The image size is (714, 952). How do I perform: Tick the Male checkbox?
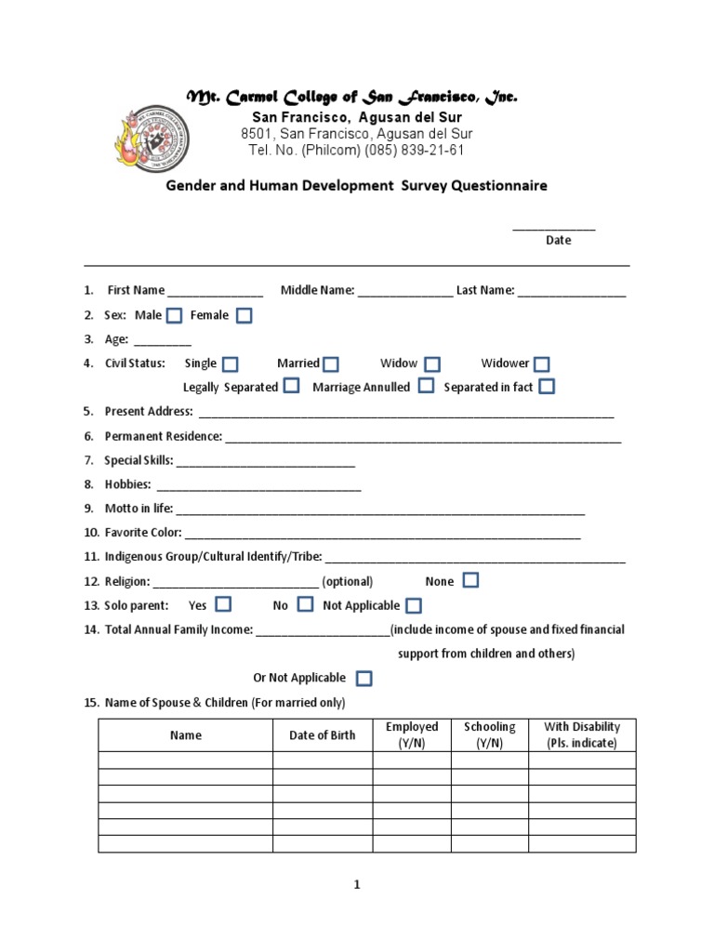coord(174,316)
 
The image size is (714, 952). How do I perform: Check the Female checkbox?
coord(244,316)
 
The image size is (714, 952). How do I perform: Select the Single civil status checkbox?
coord(230,364)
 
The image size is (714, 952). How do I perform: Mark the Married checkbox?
coord(331,364)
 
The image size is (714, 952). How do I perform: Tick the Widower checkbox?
coord(541,364)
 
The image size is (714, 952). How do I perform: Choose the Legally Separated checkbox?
coord(291,386)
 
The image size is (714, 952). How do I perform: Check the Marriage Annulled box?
coord(426,386)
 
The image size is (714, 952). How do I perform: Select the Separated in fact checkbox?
coord(547,386)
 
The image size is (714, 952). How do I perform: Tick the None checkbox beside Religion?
coord(470,581)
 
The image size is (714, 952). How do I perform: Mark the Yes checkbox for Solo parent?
coord(223,604)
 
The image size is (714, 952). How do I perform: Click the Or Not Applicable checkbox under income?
coord(364,678)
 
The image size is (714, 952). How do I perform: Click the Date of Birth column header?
coord(323,735)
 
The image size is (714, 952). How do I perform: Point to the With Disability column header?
coord(582,735)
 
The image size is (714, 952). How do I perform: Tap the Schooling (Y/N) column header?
coord(490,735)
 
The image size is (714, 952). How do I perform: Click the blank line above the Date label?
coord(554,227)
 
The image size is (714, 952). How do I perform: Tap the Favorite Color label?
coord(143,533)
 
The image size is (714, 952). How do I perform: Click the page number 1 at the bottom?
coord(356,885)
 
